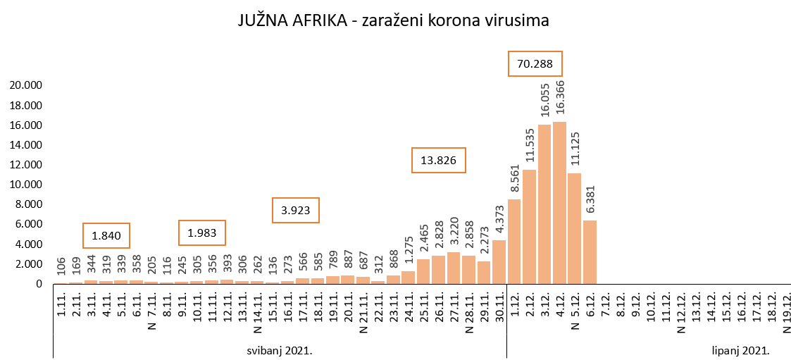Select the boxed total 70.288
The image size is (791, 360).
535,64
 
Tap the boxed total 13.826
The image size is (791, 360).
438,161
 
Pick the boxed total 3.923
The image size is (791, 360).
296,209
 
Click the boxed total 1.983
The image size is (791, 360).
202,232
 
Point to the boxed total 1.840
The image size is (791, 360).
106,235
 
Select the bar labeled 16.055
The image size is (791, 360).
544,204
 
